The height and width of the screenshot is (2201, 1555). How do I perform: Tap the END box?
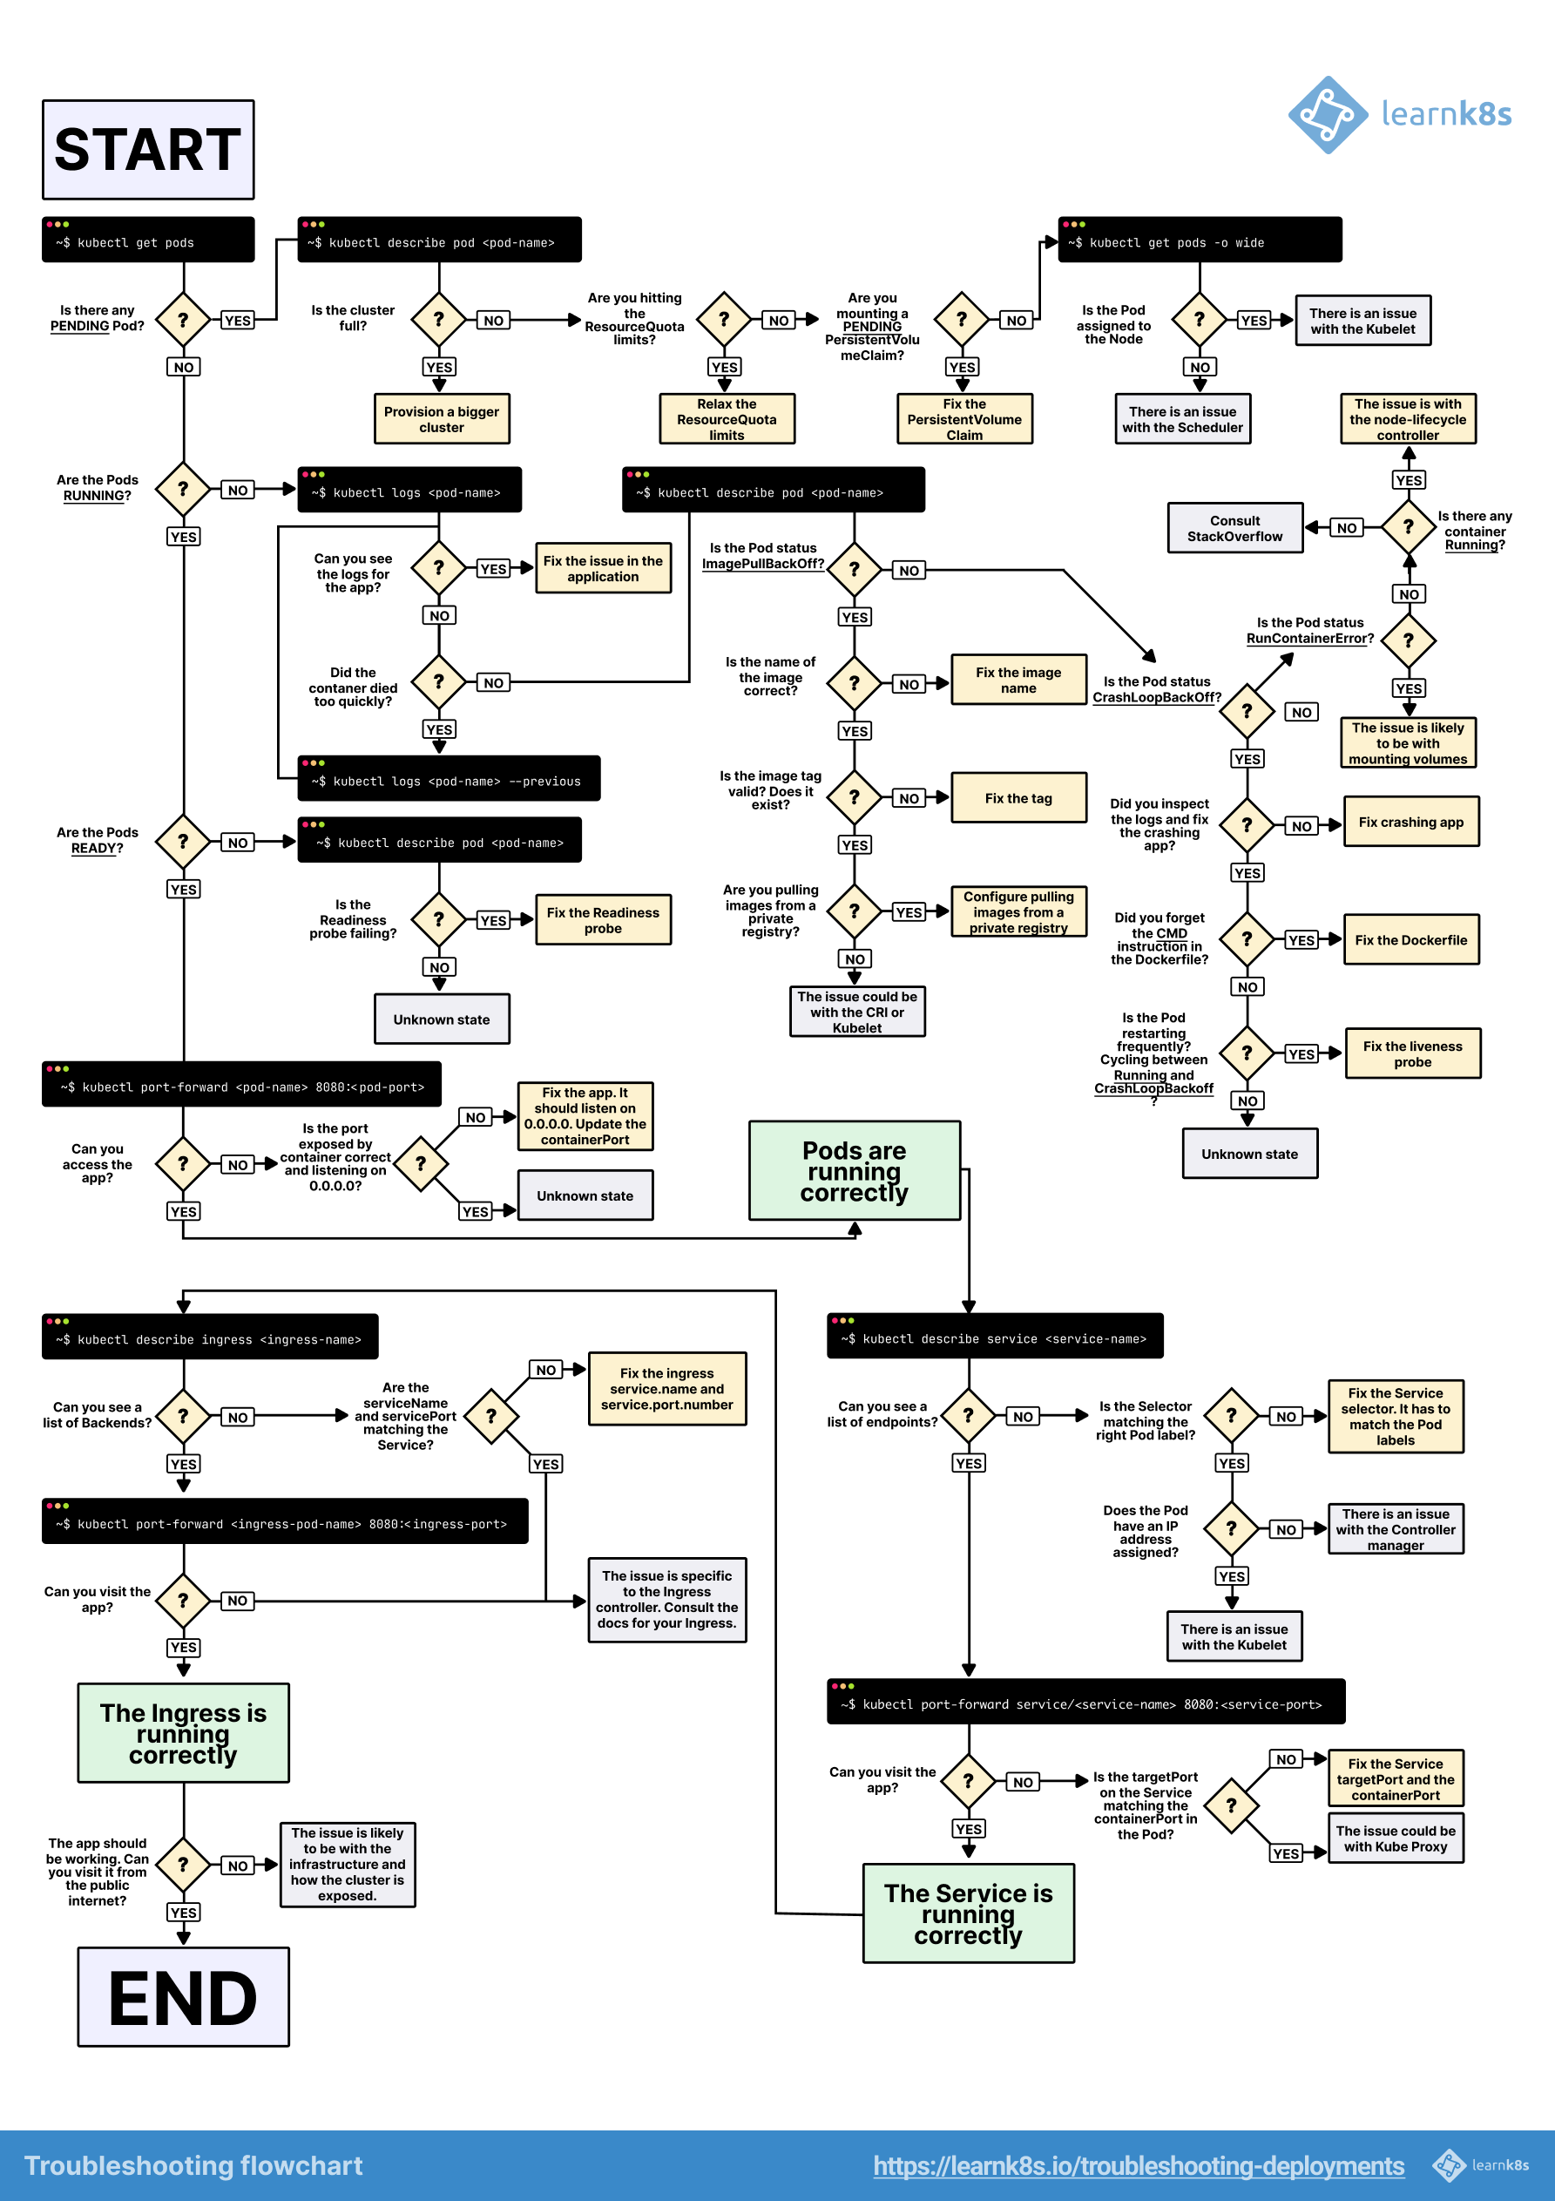tap(183, 1997)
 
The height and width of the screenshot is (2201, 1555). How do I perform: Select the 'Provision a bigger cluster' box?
tap(441, 419)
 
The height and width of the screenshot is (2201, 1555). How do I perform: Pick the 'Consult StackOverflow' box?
tap(1234, 528)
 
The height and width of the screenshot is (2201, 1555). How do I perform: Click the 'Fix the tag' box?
tap(1018, 797)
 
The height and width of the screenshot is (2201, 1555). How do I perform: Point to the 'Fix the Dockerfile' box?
tap(1410, 939)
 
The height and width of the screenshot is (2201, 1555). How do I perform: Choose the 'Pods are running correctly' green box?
tap(855, 1170)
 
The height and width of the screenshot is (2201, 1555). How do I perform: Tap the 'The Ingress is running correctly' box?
tap(183, 1733)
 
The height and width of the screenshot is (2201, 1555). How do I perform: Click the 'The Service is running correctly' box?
tap(967, 1913)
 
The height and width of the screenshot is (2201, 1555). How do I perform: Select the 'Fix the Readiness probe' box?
tap(602, 919)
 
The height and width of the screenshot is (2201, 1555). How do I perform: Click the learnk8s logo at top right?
tap(1399, 115)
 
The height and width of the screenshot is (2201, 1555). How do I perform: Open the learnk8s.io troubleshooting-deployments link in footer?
tap(1138, 2165)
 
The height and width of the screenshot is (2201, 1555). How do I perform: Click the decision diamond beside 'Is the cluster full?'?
tap(439, 319)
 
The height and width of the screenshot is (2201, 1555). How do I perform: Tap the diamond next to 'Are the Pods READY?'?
tap(183, 842)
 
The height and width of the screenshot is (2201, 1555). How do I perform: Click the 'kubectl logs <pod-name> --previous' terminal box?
tap(448, 778)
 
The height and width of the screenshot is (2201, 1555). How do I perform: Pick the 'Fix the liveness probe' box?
tap(1412, 1053)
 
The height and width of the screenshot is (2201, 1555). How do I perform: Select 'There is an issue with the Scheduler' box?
tap(1182, 419)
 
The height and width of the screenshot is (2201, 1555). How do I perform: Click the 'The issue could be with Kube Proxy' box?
tap(1395, 1838)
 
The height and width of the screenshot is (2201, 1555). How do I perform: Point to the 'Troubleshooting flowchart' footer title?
tap(193, 2165)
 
